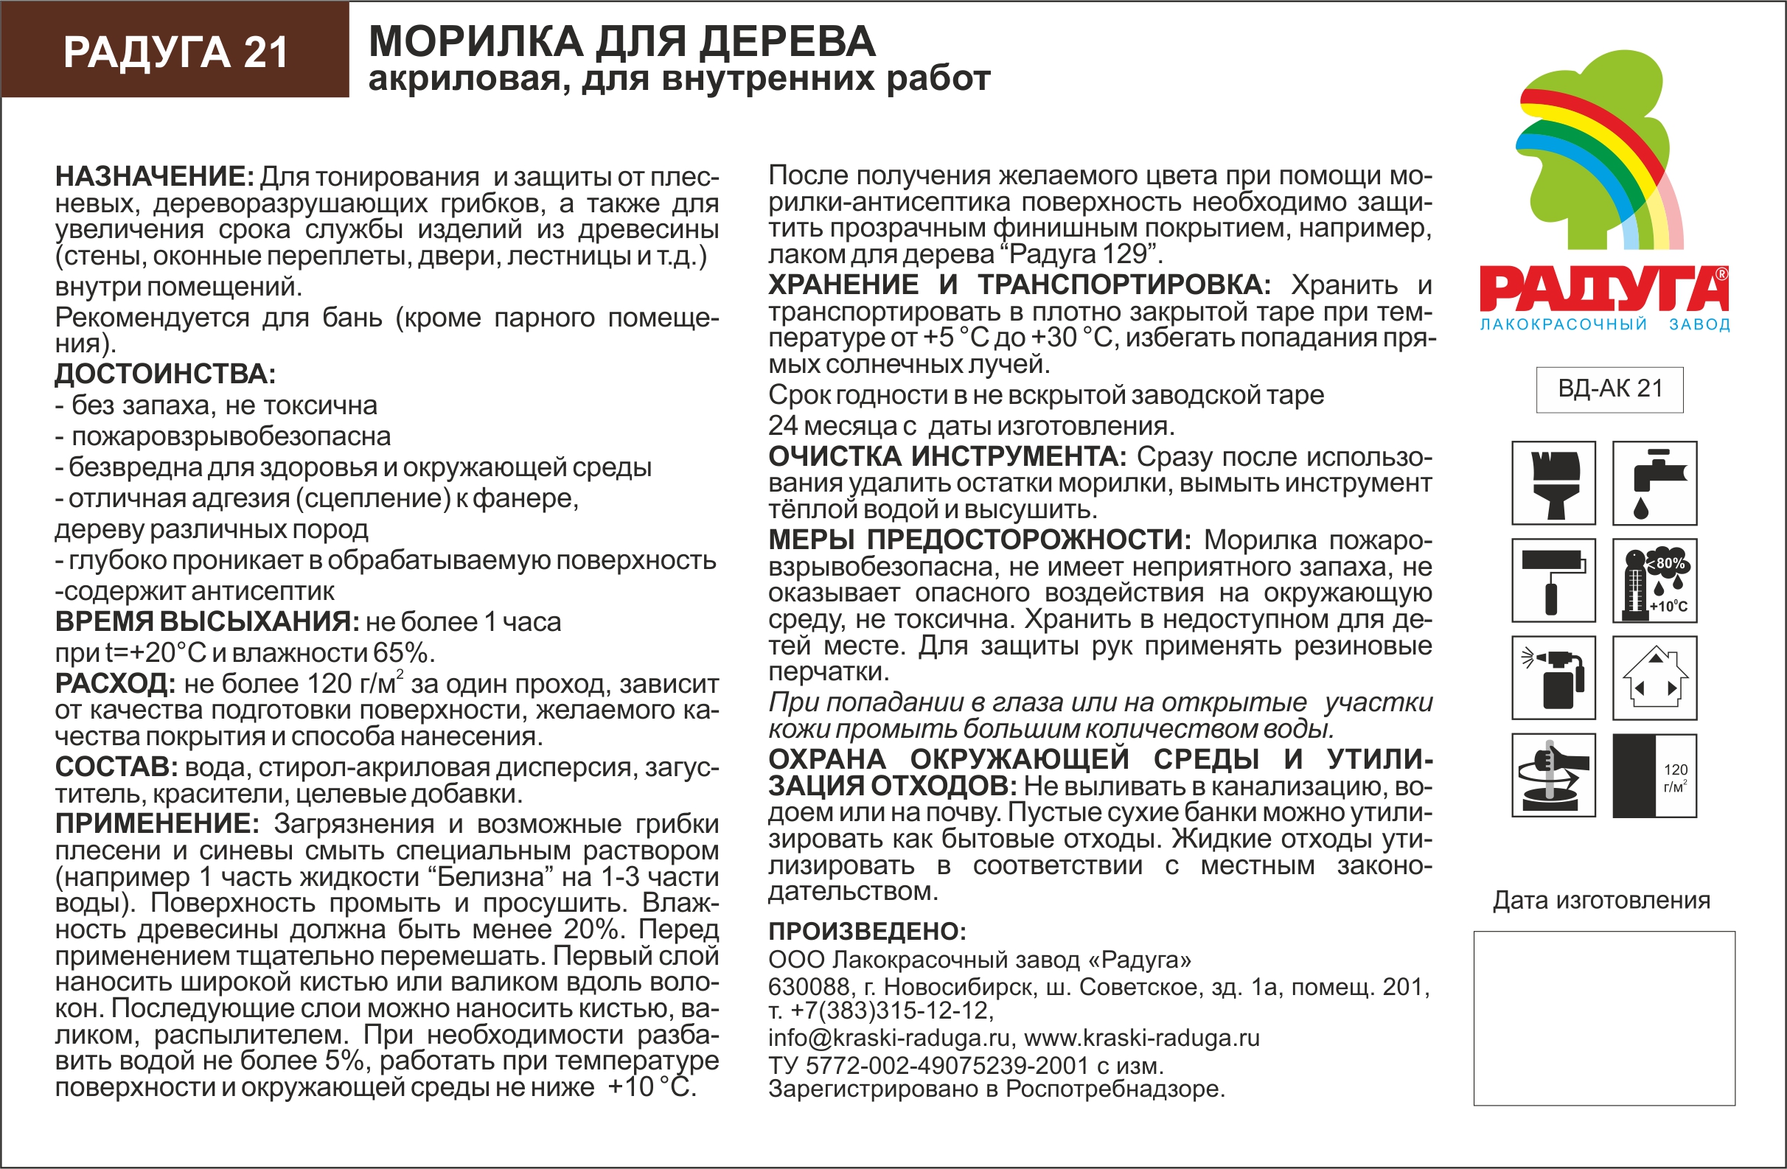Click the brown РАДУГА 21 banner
pos(175,51)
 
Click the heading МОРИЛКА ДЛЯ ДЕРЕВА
pos(621,41)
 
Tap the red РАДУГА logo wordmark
pos(1603,290)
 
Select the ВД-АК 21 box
pos(1610,389)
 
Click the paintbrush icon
pos(1553,483)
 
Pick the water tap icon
pos(1655,483)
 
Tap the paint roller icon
pos(1553,580)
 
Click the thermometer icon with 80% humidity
pos(1655,580)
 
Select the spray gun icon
pos(1553,678)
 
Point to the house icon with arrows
pos(1655,678)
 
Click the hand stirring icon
pos(1553,775)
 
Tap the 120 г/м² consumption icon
pos(1655,775)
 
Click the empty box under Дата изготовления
pos(1603,1018)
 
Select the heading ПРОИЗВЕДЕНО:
pos(867,931)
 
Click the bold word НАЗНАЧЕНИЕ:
pos(155,176)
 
